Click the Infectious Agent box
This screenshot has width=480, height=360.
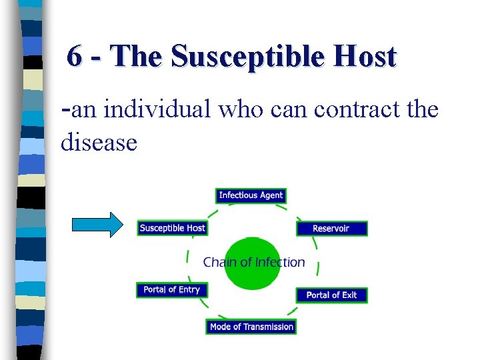[251, 195]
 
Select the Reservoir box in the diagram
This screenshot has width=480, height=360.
[331, 228]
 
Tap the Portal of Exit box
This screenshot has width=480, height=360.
[331, 295]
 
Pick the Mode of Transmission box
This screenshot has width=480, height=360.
[251, 327]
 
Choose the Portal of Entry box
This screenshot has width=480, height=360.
[171, 289]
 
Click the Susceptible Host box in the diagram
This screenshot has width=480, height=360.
[172, 228]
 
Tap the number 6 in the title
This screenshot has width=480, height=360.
[75, 57]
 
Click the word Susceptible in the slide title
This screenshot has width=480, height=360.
[252, 57]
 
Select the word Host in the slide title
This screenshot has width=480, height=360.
[367, 57]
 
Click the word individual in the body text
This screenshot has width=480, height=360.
[157, 108]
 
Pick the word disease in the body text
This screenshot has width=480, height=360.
[99, 141]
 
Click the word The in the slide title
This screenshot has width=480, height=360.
[138, 57]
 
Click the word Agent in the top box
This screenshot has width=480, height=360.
[271, 195]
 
